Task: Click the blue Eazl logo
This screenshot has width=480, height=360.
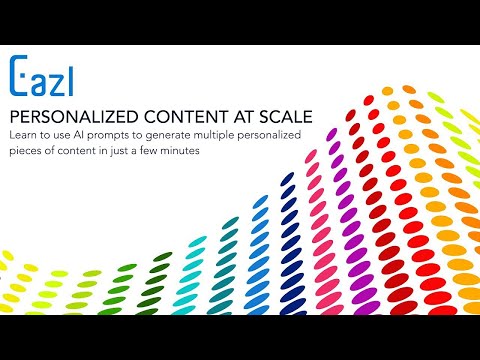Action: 41,76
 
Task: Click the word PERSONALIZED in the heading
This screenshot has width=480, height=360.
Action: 74,117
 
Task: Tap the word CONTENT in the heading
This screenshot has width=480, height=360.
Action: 186,117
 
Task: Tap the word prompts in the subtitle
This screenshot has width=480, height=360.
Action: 108,136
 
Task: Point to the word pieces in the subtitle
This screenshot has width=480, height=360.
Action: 26,151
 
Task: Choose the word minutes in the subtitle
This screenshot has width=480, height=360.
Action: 180,151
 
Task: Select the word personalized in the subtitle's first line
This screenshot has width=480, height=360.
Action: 269,136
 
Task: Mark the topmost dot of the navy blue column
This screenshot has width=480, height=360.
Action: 287,178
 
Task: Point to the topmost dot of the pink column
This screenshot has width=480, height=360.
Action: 311,156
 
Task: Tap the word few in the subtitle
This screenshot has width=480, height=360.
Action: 149,151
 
